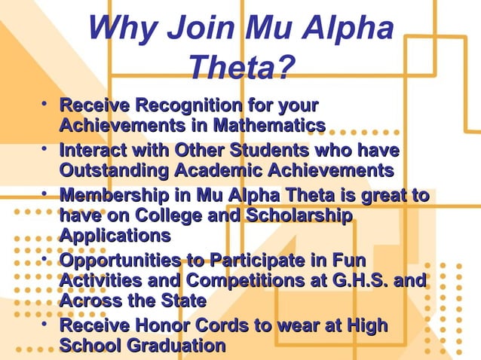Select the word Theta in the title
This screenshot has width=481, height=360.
pos(234,69)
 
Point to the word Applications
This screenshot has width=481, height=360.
pos(115,235)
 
